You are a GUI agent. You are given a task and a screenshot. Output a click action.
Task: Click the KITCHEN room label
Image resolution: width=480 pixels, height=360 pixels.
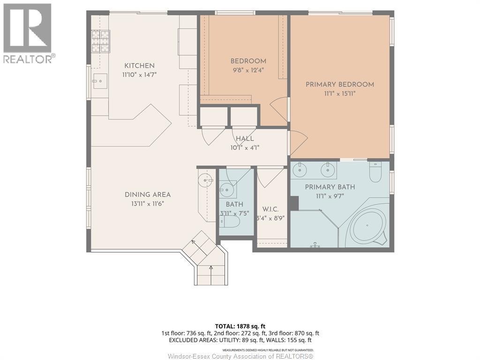[139, 66]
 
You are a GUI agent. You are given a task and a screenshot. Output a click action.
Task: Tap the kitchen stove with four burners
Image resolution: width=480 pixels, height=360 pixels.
[101, 41]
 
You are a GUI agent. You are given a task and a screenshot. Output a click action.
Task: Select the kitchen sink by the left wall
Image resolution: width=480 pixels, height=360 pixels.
[100, 81]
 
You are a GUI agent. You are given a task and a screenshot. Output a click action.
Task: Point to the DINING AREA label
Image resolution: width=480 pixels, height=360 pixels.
[148, 195]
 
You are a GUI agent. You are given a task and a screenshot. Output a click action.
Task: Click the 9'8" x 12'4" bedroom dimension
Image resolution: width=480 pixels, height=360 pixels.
[248, 70]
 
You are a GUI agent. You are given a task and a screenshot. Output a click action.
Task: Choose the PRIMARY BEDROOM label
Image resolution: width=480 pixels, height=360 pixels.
[340, 84]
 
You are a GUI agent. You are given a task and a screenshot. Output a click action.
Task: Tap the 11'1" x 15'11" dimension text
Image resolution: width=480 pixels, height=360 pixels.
[340, 94]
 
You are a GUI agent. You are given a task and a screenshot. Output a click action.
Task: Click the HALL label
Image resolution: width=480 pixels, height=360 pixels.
[245, 139]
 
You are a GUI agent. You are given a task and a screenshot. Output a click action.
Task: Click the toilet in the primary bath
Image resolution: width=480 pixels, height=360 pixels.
[375, 172]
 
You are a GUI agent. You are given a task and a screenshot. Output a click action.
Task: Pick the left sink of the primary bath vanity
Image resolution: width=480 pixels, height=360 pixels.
[300, 170]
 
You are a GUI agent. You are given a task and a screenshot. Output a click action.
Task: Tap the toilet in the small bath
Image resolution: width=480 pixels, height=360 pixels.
[229, 223]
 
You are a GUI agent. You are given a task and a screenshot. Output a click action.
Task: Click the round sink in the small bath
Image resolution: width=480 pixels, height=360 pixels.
[227, 190]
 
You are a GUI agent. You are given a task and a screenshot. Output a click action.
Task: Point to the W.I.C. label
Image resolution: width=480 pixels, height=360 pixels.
[270, 210]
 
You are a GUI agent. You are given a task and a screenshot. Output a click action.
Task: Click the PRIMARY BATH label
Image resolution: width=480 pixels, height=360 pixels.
[330, 187]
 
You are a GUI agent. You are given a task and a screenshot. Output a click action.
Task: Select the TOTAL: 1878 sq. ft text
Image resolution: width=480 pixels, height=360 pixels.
[238, 326]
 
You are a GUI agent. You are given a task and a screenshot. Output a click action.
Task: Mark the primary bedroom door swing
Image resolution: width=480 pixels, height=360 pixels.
[298, 142]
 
